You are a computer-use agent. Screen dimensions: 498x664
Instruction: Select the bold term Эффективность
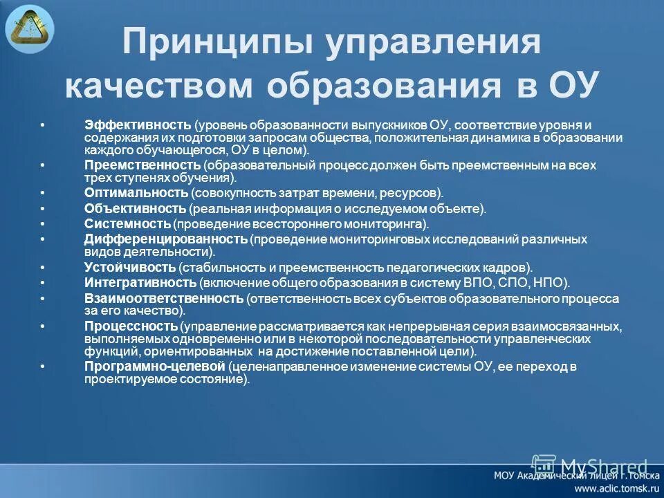coord(138,125)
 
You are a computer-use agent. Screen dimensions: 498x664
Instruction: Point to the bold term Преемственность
coord(142,166)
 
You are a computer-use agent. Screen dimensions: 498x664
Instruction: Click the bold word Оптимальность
coord(136,192)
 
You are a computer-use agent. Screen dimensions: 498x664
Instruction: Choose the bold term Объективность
coord(135,208)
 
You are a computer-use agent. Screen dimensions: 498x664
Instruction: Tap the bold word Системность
coord(127,224)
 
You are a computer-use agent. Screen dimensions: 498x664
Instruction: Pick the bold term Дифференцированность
coord(166,239)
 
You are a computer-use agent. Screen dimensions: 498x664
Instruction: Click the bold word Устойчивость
coord(130,267)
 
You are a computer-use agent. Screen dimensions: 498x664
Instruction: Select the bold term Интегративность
coord(140,283)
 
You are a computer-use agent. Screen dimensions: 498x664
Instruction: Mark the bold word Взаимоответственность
coord(164,299)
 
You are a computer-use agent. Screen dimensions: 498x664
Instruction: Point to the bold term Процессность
coord(131,326)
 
